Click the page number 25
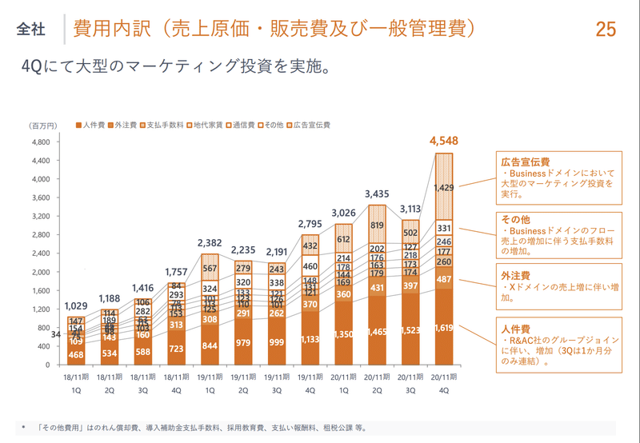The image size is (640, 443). (606, 30)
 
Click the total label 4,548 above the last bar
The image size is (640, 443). (444, 142)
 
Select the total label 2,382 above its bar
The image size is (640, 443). (210, 242)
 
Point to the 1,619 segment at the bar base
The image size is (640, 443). (444, 327)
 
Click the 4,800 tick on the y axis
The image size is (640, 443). (41, 142)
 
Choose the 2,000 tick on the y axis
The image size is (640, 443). (41, 272)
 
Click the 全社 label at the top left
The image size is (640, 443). (31, 30)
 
